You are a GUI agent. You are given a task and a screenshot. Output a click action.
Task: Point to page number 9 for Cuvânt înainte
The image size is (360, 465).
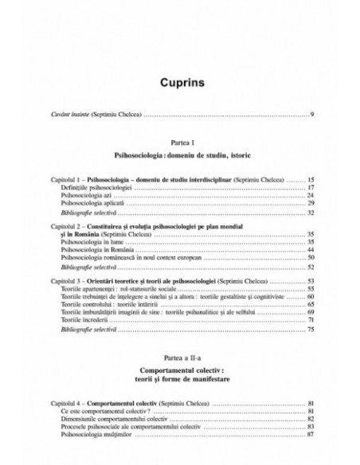(311, 115)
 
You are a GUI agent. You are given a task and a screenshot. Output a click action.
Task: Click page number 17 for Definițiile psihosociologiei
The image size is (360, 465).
(311, 188)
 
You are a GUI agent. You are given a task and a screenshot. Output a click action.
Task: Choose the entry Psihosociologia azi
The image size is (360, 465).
(86, 195)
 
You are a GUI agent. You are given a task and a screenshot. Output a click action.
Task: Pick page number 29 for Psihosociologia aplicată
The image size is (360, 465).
(311, 204)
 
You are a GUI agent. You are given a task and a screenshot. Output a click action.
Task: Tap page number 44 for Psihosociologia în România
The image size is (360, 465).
(311, 250)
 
